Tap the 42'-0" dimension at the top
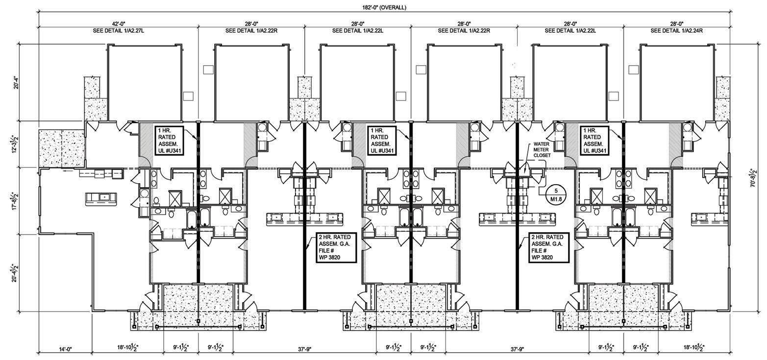point(119,24)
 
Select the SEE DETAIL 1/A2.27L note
point(119,30)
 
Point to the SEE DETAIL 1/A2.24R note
point(677,30)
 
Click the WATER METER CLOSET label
point(542,149)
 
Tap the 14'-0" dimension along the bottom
point(65,349)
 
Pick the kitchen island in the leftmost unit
point(101,199)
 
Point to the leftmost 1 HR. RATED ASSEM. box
point(170,141)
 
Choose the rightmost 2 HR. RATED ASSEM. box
point(547,247)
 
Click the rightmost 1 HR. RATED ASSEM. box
point(595,141)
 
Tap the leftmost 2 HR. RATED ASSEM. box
point(335,247)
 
